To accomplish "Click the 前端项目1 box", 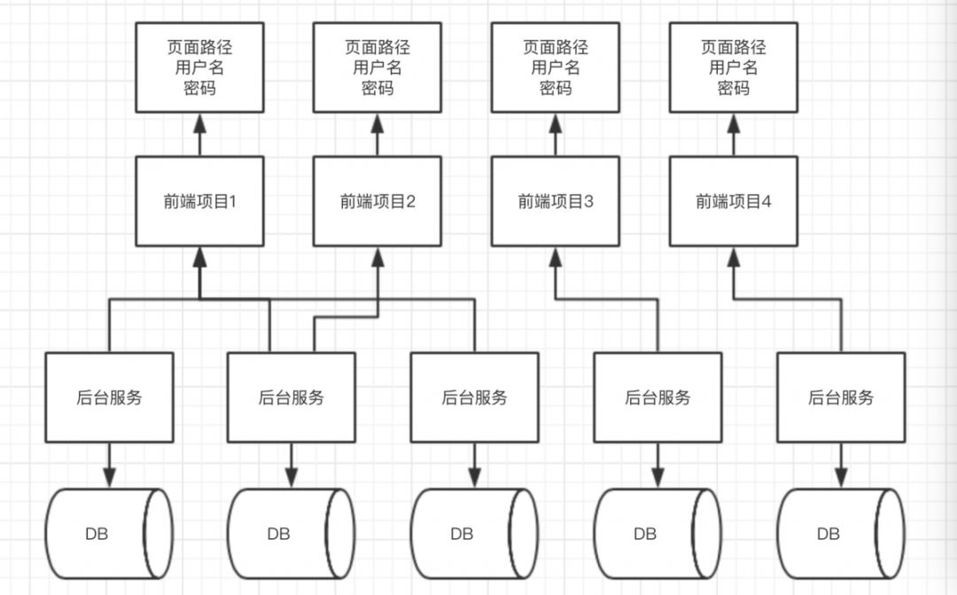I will (x=199, y=201).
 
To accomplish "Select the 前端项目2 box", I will (x=377, y=201).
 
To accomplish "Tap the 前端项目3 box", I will (x=556, y=201).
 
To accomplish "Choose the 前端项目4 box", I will (x=734, y=201).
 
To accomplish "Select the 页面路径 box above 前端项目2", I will (x=377, y=67).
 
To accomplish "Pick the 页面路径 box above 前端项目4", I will (x=734, y=67).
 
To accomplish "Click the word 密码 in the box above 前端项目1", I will (x=199, y=89).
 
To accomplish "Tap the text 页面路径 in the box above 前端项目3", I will (x=556, y=47).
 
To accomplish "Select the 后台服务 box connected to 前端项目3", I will (x=657, y=397).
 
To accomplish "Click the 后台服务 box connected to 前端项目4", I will (x=841, y=397).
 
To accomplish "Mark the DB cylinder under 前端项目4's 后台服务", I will (x=841, y=534).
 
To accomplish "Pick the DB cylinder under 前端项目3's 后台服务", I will (x=657, y=534).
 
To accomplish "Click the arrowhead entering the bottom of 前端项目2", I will (x=377, y=255).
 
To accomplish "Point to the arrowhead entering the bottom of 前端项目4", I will (x=734, y=255).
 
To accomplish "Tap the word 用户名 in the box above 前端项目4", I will (x=734, y=67).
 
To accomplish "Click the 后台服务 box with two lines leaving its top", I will (x=292, y=397).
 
